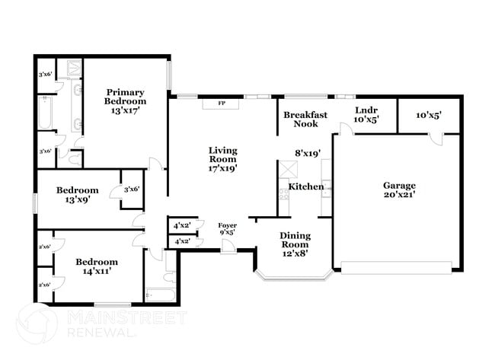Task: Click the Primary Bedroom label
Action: click(126, 100)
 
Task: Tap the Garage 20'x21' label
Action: click(398, 190)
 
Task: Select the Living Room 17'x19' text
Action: click(222, 159)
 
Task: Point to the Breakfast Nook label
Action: click(305, 119)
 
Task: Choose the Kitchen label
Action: click(305, 186)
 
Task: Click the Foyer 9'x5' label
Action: click(227, 228)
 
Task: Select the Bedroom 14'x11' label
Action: click(96, 266)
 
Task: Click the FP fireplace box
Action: click(222, 104)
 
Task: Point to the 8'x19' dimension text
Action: click(308, 152)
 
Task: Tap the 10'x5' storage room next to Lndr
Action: click(429, 115)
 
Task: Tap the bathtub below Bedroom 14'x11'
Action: click(160, 293)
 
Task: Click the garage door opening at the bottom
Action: click(396, 267)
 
